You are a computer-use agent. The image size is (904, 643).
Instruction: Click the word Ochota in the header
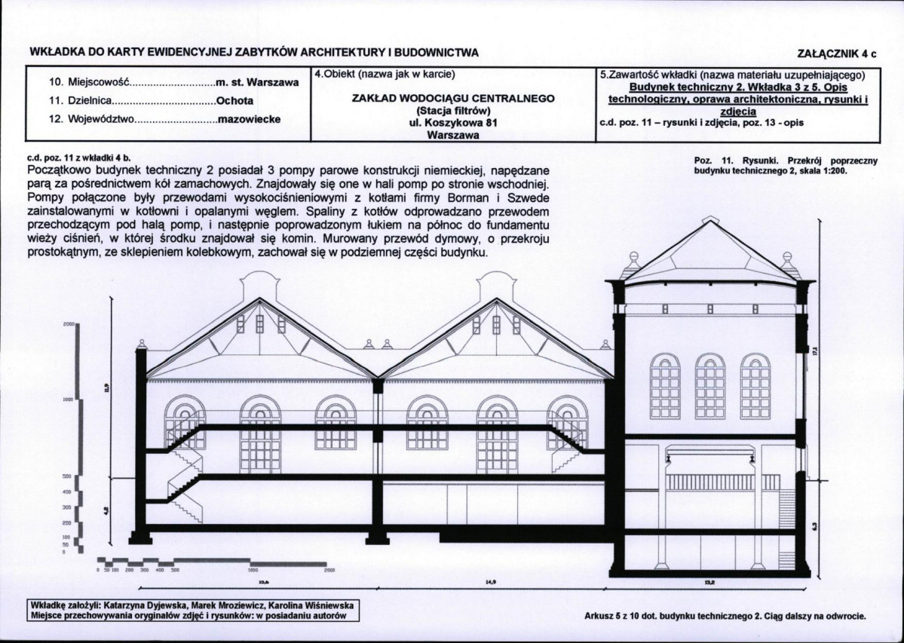(x=234, y=100)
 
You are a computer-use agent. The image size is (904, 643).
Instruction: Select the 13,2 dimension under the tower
(x=709, y=582)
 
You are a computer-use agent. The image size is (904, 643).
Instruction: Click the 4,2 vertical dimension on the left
(x=106, y=510)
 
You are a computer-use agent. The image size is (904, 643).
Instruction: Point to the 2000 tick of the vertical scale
(x=69, y=323)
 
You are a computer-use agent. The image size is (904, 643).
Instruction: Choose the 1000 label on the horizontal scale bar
(x=253, y=571)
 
